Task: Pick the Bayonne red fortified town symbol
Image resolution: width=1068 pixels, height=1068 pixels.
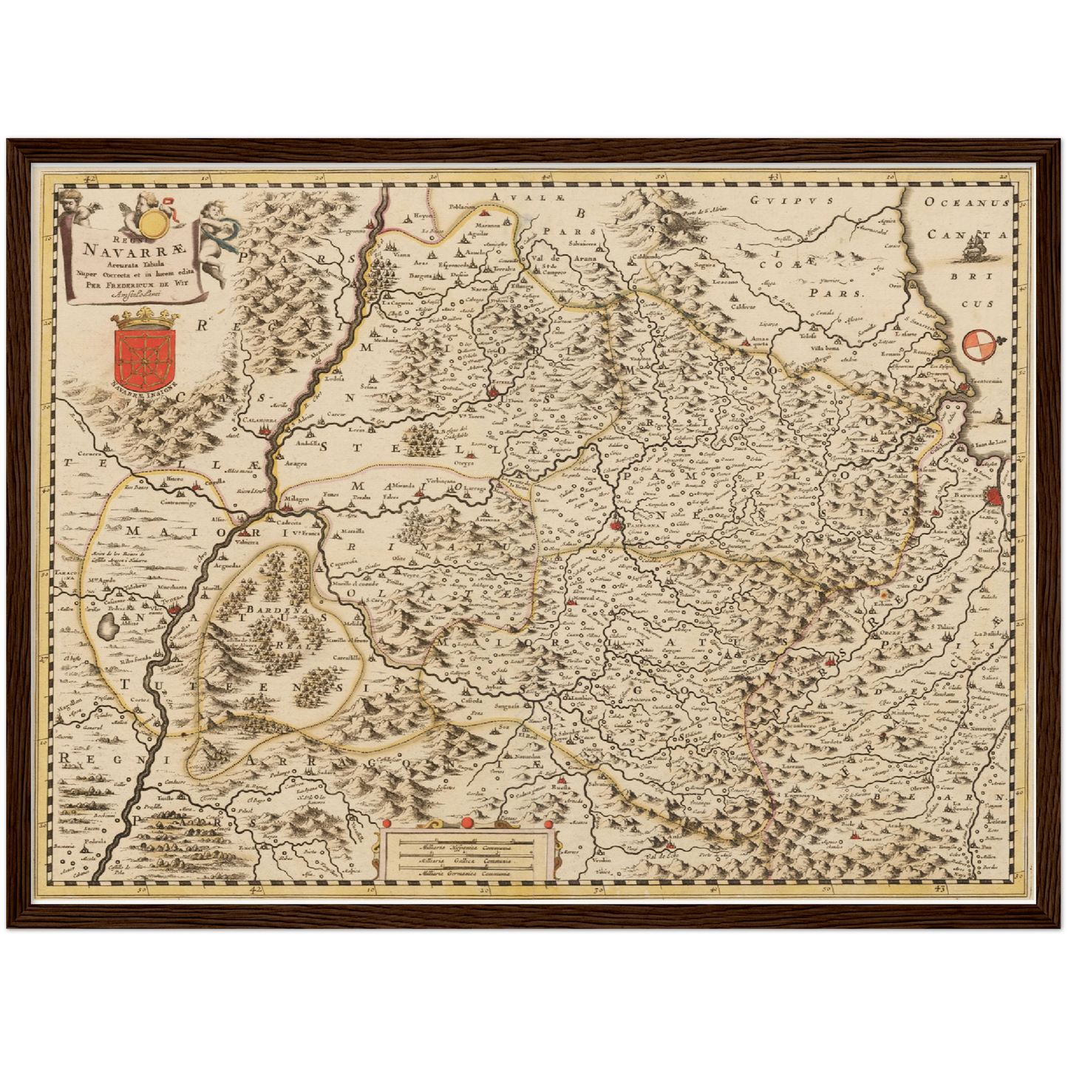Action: point(996,497)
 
